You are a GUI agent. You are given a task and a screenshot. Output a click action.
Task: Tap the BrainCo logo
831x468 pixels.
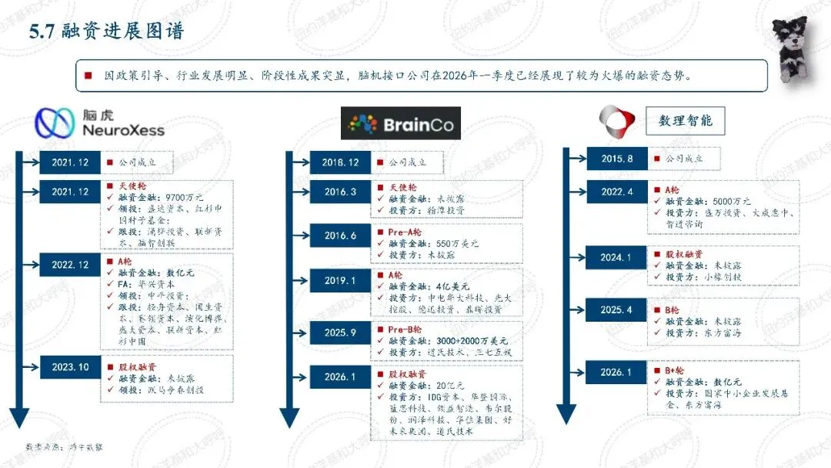click(x=401, y=123)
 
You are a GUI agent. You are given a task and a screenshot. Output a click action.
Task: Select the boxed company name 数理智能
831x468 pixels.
click(x=685, y=120)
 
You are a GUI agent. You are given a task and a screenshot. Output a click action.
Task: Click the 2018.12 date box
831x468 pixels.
click(x=341, y=163)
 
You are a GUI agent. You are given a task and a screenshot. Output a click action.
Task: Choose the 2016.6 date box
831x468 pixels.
click(x=340, y=236)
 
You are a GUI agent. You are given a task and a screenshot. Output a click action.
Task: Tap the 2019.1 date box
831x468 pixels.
click(x=340, y=281)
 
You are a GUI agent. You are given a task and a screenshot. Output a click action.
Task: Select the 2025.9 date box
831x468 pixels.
click(x=340, y=333)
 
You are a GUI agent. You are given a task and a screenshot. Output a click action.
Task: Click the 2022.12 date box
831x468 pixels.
click(x=69, y=265)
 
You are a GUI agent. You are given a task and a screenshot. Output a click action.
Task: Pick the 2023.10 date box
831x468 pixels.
click(x=69, y=367)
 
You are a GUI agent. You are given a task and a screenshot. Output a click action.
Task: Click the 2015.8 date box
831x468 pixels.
click(x=617, y=159)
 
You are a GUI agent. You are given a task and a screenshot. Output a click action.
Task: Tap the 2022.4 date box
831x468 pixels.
click(x=617, y=192)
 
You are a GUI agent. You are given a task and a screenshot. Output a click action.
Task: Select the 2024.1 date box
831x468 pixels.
click(x=617, y=258)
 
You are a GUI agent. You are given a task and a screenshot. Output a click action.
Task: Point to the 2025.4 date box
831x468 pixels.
click(x=617, y=310)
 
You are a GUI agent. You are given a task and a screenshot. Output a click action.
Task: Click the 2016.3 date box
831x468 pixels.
click(x=340, y=192)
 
